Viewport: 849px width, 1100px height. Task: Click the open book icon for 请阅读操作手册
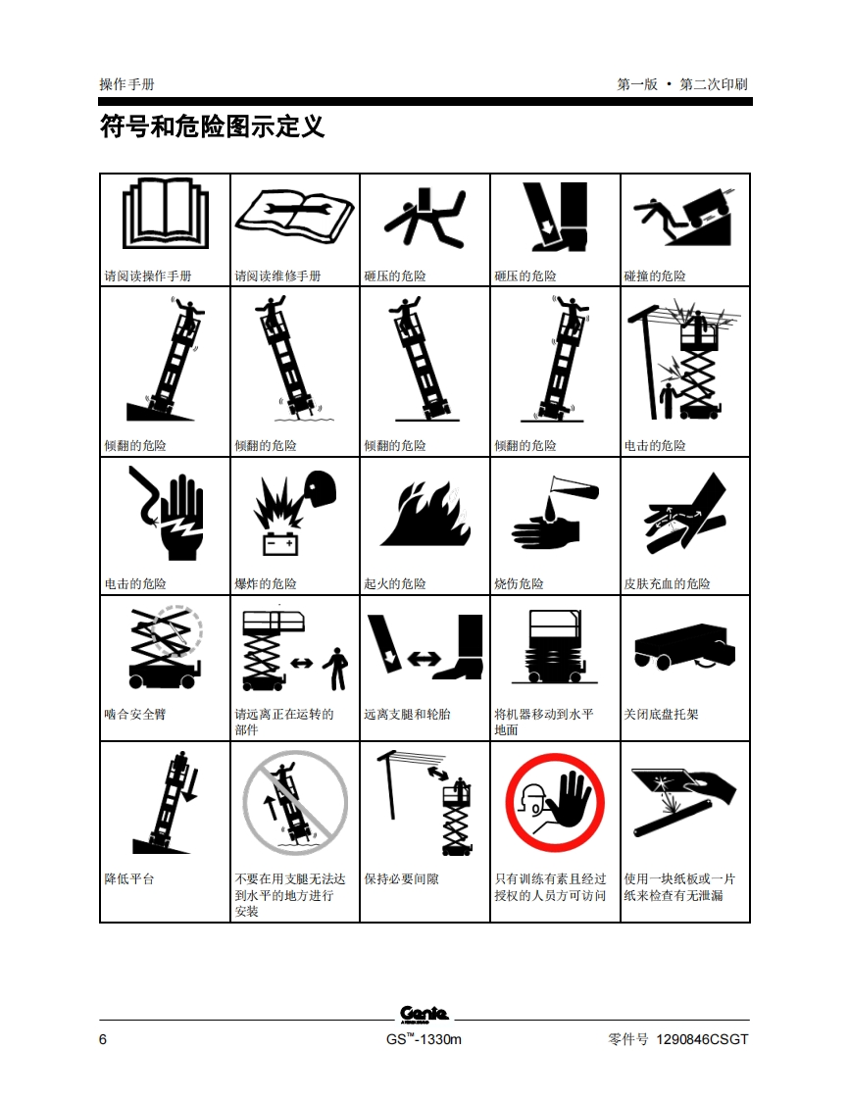[166, 214]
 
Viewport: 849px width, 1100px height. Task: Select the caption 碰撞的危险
[655, 276]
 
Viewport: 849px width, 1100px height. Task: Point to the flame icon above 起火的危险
[425, 513]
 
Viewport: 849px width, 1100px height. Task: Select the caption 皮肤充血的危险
[668, 583]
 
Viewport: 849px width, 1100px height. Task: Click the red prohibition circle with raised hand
[555, 803]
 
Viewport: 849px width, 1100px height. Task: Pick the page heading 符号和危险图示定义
[212, 127]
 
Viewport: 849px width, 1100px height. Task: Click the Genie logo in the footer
[424, 1015]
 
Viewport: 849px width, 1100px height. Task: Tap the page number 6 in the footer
[103, 1039]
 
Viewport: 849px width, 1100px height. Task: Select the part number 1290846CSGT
[702, 1039]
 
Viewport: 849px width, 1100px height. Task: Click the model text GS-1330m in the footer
[424, 1039]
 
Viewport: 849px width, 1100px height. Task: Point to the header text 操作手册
[127, 85]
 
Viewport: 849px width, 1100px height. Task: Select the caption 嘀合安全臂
[135, 714]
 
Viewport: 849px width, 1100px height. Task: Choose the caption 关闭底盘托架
[661, 714]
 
